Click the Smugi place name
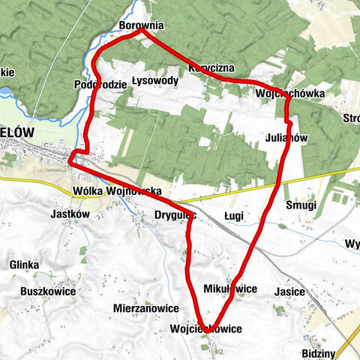[x=301, y=205]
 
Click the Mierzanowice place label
[x=146, y=308]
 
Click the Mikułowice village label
[x=230, y=289]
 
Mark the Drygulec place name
[x=175, y=214]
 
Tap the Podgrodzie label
[x=100, y=84]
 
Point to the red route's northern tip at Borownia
[x=142, y=32]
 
